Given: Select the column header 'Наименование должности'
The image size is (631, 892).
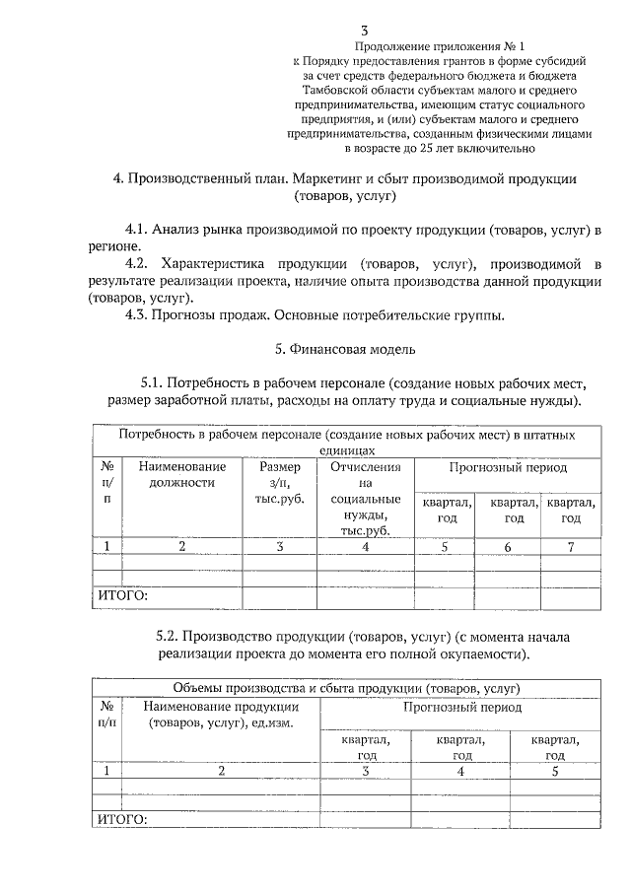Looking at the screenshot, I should tap(181, 474).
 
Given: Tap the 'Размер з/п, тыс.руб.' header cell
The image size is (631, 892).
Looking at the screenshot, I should tap(280, 482).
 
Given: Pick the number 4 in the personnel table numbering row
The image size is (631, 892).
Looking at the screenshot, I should tap(365, 546).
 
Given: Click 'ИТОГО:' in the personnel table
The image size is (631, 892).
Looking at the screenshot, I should tap(120, 596).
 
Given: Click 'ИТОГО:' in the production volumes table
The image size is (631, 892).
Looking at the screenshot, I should tap(120, 819).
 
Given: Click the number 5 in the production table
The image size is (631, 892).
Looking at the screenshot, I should tap(555, 771).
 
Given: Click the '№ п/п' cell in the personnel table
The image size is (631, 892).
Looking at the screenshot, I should tap(106, 482).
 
